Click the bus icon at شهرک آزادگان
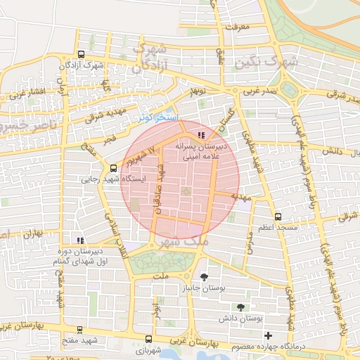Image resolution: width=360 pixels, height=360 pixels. (x=81, y=54)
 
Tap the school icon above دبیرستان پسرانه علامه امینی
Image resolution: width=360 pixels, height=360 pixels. (x=202, y=134)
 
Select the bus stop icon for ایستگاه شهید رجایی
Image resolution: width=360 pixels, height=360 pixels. (x=114, y=167)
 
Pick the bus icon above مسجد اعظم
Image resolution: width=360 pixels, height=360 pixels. (x=278, y=217)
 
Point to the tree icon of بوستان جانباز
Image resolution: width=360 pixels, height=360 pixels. (x=204, y=277)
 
